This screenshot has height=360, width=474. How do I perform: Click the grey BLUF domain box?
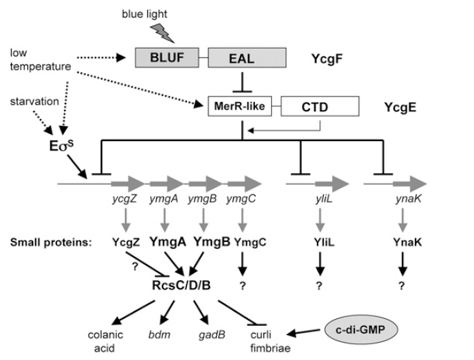(166, 57)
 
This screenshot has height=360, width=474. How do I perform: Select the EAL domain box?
(241, 57)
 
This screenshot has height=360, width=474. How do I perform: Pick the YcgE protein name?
(400, 108)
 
